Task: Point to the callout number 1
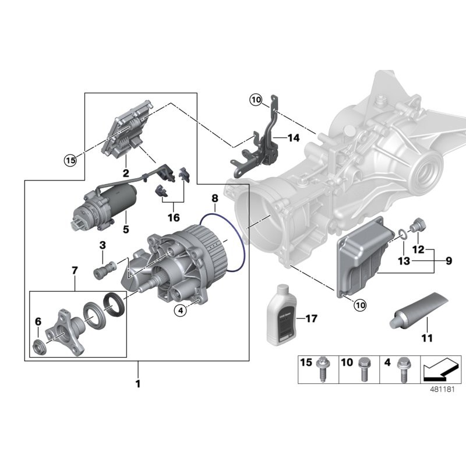[x=138, y=384]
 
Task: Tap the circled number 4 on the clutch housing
[x=181, y=310]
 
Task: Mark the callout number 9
[x=449, y=262]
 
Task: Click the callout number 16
[x=172, y=217]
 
